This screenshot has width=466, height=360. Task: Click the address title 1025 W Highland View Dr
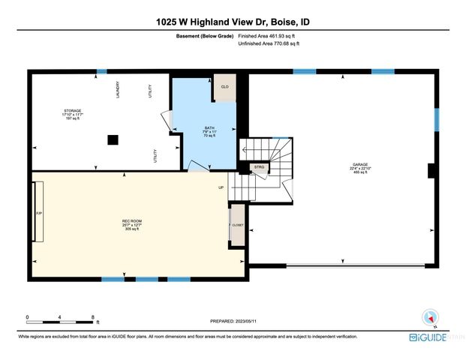pos(233,22)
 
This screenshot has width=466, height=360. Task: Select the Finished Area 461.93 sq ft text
pos(268,36)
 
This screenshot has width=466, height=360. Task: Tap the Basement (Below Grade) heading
pos(206,36)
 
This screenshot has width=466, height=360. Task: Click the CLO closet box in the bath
pos(224,87)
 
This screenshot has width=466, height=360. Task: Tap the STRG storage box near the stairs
pos(259,167)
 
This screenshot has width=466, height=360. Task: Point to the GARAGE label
pos(361,166)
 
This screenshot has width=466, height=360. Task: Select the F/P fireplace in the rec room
pos(39,214)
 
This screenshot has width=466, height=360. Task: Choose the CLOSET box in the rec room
pos(236,223)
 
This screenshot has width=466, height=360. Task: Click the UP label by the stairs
pos(221,187)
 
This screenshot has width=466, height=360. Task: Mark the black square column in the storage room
pos(112,139)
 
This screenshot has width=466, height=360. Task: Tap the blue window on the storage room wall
pos(101,71)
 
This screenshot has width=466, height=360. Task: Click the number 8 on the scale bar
pos(92,317)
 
